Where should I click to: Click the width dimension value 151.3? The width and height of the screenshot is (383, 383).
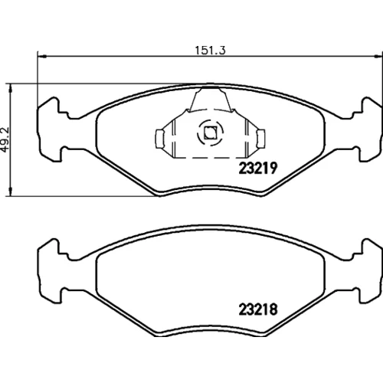(x=210, y=50)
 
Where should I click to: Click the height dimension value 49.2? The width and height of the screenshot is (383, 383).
(x=5, y=140)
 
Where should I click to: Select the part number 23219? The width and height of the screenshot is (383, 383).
(x=258, y=169)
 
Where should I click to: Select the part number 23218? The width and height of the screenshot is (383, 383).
(x=258, y=309)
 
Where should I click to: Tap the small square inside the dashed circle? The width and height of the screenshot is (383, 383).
(x=210, y=133)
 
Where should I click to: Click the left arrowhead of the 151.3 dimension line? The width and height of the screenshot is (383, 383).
(x=41, y=56)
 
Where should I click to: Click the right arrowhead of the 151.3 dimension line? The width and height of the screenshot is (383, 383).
(x=378, y=56)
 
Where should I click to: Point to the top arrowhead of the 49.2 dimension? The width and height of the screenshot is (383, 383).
(x=10, y=88)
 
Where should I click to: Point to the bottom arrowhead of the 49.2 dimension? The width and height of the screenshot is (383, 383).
(x=10, y=191)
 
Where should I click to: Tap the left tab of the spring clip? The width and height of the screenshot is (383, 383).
(x=160, y=139)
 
